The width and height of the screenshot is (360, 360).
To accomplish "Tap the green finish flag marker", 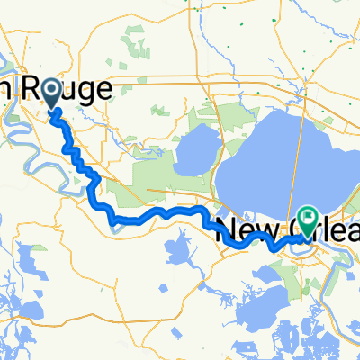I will click(x=308, y=218).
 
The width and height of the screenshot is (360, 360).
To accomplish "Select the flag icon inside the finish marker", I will click(x=308, y=216).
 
